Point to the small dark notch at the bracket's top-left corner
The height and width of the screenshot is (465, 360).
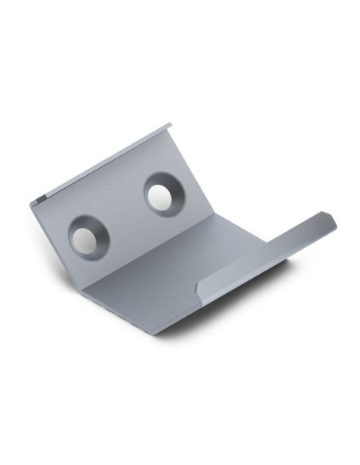(x=41, y=199)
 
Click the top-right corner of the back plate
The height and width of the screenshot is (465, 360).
(x=170, y=124)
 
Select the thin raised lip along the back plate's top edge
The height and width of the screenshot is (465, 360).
(x=112, y=159)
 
